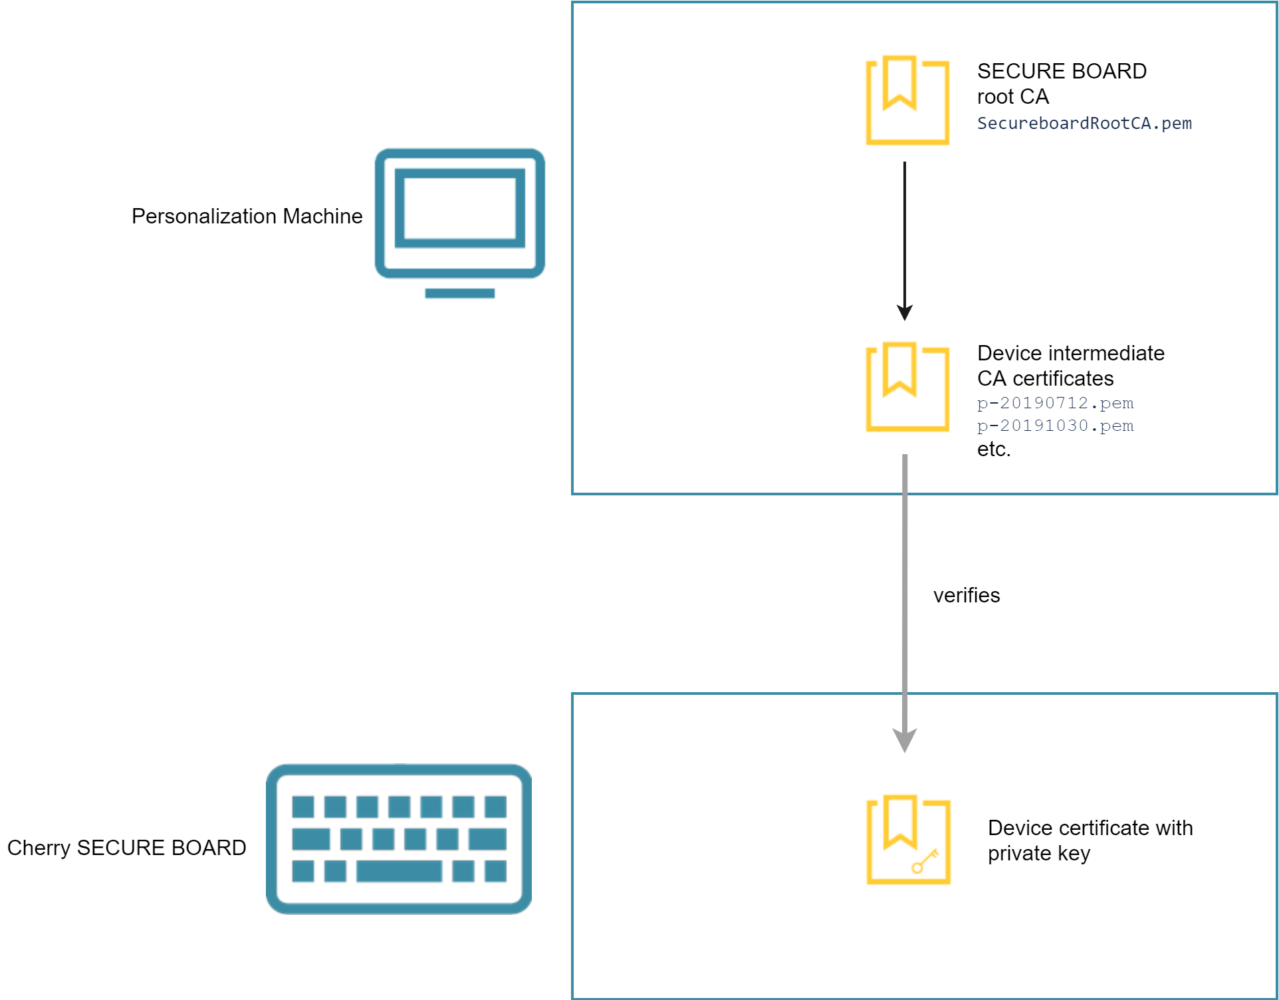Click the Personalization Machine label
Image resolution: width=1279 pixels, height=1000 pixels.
[x=247, y=216]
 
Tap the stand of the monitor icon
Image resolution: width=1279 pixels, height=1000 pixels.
[x=459, y=293]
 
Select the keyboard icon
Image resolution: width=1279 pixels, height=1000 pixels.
[x=399, y=838]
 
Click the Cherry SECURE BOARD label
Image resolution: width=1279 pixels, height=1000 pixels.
[x=126, y=848]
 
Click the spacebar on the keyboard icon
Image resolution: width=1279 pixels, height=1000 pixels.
[x=399, y=870]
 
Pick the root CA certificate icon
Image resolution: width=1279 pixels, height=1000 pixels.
[x=907, y=100]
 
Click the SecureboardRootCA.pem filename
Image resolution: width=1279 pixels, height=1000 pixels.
[x=1084, y=124]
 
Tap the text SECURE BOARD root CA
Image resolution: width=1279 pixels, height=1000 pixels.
[x=1061, y=84]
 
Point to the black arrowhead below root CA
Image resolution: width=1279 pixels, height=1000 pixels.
[x=904, y=312]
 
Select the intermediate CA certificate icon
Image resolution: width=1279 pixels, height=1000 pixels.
[x=907, y=387]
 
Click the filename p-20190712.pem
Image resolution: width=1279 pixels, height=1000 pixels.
[x=1055, y=403]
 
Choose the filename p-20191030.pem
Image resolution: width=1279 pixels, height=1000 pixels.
[x=1055, y=426]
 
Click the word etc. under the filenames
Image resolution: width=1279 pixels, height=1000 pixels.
[x=993, y=449]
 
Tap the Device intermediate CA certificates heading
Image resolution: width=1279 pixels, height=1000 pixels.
[x=1070, y=365]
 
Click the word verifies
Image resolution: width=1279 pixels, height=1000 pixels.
[x=966, y=595]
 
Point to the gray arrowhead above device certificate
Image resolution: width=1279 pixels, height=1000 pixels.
[x=904, y=739]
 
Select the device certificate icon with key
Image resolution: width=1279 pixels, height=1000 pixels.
[x=907, y=839]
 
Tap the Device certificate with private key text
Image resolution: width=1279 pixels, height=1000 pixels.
[x=1090, y=840]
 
